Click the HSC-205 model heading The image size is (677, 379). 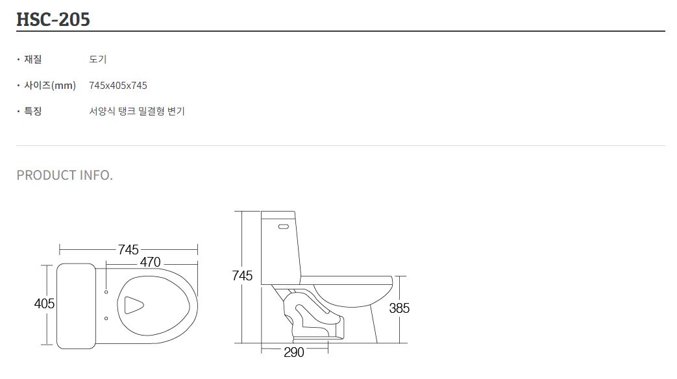pos(53,19)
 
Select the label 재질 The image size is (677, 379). pos(33,59)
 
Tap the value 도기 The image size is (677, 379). pos(98,59)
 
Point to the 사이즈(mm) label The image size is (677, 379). pos(50,85)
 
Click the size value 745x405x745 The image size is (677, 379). pos(118,86)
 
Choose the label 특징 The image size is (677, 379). pos(33,111)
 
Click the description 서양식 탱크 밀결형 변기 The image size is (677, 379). pos(137,111)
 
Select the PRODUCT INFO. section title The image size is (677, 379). pos(65,175)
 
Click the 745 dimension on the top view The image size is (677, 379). pos(129,249)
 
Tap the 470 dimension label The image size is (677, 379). pos(150,262)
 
